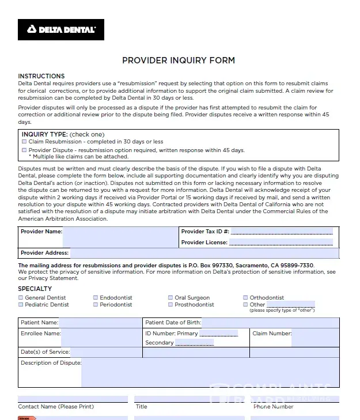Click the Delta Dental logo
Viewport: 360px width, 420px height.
tap(61, 29)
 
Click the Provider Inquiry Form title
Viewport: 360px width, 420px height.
tap(179, 60)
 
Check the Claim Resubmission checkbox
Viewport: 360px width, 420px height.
tap(24, 142)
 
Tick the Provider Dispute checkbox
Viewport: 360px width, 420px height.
tap(24, 150)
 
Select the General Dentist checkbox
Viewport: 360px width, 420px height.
tap(21, 298)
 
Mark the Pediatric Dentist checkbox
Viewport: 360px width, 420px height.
tap(21, 305)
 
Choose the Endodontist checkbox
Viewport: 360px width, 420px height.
tap(96, 298)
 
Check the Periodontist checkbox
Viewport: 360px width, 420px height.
tap(96, 305)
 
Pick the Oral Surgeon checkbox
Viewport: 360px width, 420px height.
tap(170, 298)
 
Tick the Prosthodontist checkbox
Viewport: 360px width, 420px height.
tap(170, 305)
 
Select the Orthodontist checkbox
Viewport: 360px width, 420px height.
tap(245, 298)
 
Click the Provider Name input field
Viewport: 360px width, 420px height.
tap(120, 236)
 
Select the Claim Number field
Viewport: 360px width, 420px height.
tap(315, 338)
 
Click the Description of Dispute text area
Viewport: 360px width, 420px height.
tap(210, 373)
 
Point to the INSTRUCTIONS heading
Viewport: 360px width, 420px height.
tap(41, 76)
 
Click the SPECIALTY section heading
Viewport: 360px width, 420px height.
tap(35, 289)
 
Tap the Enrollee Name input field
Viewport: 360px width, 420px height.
tap(101, 338)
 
